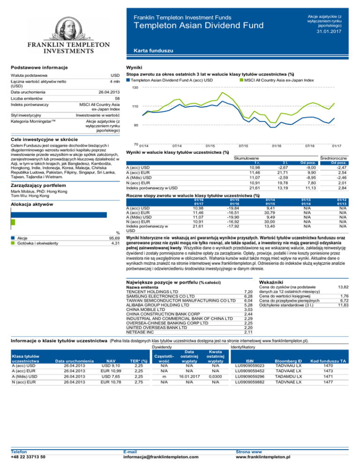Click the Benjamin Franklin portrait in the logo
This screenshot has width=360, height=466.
[x=60, y=18]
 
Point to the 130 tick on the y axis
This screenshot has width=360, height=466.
[x=135, y=88]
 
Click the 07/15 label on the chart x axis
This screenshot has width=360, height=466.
[x=243, y=146]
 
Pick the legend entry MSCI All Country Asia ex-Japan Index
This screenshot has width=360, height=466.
[x=284, y=81]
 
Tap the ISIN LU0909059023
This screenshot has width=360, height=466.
[x=251, y=366]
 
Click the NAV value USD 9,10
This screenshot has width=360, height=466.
[x=111, y=366]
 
